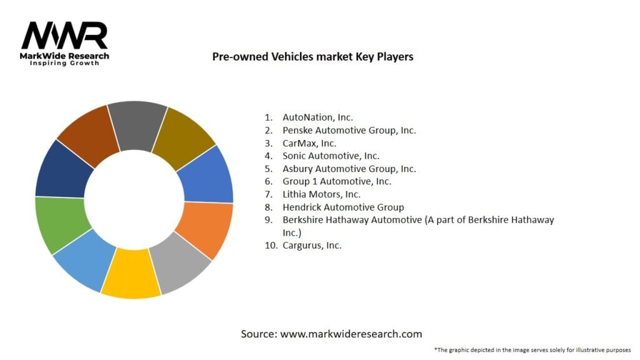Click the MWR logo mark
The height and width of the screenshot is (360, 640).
(x=64, y=36)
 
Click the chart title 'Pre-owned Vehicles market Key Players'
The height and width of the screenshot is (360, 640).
(x=312, y=56)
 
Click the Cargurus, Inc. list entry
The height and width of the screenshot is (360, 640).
(x=312, y=245)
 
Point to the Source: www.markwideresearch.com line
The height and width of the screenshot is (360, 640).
(x=331, y=334)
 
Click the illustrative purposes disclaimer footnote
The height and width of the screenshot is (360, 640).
(x=532, y=350)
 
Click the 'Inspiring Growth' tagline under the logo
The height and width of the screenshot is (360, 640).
(x=64, y=63)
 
